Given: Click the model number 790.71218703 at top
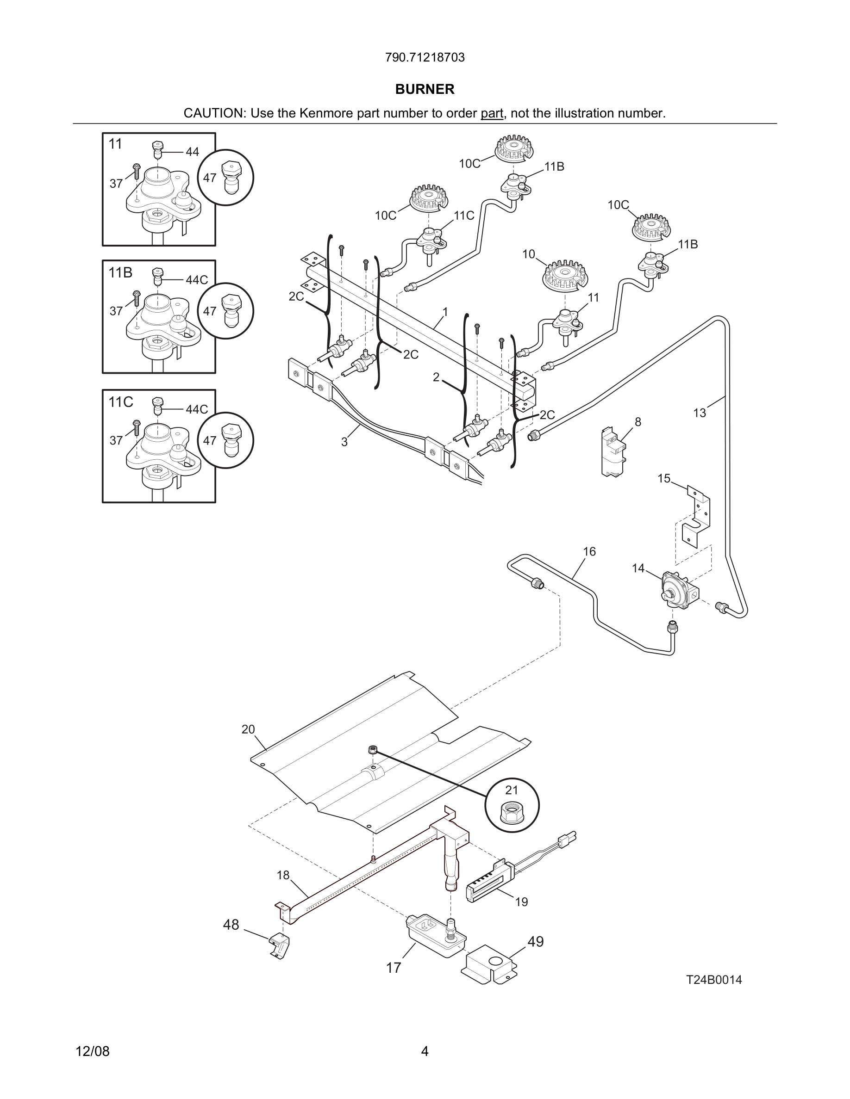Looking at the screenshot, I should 425,58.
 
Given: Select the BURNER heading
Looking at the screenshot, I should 425,89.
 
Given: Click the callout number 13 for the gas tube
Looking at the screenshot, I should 700,413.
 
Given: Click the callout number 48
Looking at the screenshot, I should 231,925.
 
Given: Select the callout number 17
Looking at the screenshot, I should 393,968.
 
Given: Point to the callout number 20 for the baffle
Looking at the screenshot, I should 248,729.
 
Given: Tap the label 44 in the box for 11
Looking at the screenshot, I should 192,151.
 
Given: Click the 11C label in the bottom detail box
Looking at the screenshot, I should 121,402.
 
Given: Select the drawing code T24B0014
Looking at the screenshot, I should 714,980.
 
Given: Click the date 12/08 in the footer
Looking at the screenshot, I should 93,1051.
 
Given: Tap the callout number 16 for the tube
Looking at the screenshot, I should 589,551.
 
